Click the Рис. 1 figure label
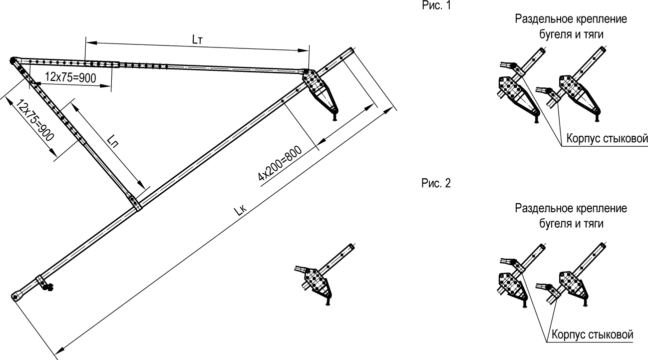click(436, 5)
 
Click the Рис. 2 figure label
click(436, 183)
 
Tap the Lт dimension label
click(197, 40)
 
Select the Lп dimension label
click(113, 141)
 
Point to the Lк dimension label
click(241, 211)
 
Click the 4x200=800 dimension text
click(280, 163)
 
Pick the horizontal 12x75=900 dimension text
click(70, 77)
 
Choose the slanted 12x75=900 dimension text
click(35, 120)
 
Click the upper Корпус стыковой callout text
click(607, 138)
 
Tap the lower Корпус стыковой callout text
click(593, 334)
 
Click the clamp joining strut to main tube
click(135, 203)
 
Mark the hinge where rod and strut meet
click(12, 60)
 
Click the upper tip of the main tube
click(352, 50)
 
